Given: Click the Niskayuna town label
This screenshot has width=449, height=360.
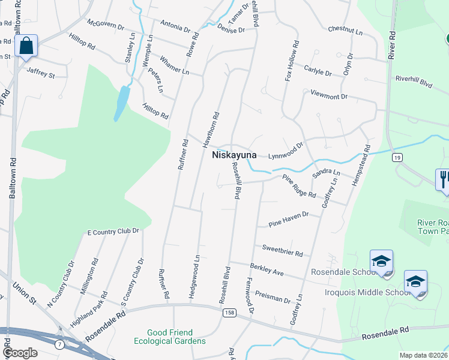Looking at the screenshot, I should pos(234,155).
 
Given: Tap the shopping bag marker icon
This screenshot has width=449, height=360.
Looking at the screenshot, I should pos(26,46).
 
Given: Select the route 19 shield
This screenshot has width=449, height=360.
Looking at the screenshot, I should pos(397,158).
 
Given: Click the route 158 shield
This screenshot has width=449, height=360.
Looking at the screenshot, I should pos(231,313).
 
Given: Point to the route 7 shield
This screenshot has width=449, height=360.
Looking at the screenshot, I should pos(59,344).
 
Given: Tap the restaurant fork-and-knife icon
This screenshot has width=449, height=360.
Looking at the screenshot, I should pos(444,179).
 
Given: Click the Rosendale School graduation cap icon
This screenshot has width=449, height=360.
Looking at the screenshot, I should pos(381,261).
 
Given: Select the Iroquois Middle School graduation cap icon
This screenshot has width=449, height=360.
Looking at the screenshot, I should pos(415,281).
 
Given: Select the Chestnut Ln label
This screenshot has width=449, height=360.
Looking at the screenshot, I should pos(346,29).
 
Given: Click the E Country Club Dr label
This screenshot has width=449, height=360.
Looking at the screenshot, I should pos(113,231).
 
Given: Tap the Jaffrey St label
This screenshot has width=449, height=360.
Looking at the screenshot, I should pos(41,74).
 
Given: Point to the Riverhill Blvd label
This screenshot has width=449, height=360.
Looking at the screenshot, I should pos(414,82).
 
